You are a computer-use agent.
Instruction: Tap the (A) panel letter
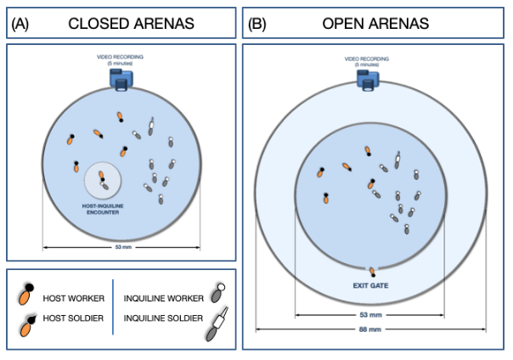tap(20, 24)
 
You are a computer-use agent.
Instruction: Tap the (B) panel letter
tap(257, 24)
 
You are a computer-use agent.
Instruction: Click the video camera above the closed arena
tap(120, 79)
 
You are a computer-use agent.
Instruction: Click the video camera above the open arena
tap(369, 78)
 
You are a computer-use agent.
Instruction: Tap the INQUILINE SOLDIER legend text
tap(164, 320)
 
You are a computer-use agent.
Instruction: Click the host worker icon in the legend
tap(27, 295)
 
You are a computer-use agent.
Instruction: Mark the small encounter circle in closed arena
tap(104, 180)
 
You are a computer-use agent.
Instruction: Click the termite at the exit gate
tap(370, 271)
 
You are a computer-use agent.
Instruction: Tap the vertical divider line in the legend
tap(113, 307)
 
